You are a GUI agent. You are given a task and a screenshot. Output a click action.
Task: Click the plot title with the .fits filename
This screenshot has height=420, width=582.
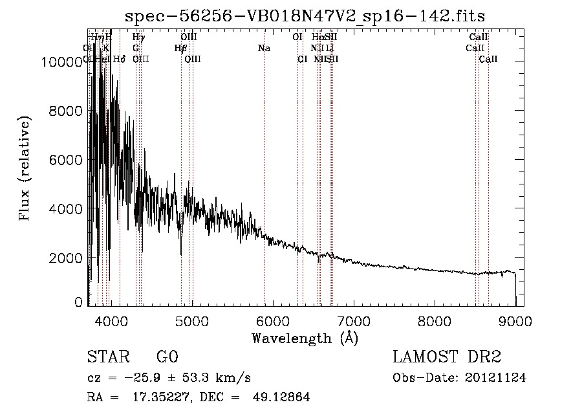click(x=305, y=16)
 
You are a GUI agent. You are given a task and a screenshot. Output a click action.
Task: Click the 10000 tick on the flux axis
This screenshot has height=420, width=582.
click(x=61, y=62)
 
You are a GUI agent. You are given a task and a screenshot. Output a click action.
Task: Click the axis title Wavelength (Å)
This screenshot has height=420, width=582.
click(x=305, y=337)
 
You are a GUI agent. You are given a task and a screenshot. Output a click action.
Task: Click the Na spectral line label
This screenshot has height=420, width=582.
click(x=264, y=48)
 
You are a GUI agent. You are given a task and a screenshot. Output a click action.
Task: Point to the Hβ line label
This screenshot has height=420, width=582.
click(x=180, y=48)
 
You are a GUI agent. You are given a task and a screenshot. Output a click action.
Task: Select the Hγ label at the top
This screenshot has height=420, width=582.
click(x=138, y=38)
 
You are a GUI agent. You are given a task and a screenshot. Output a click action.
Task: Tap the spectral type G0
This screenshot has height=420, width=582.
click(x=167, y=357)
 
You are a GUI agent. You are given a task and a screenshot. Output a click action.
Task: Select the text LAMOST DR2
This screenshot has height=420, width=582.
click(x=447, y=357)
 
